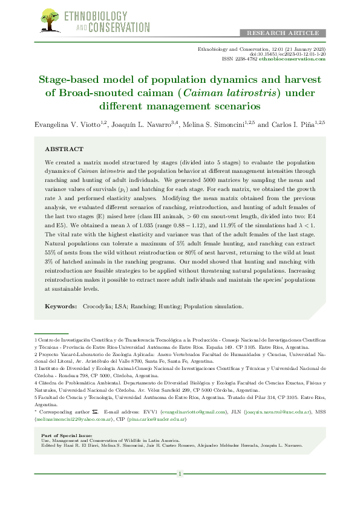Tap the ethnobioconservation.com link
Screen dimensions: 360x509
(x=301, y=59)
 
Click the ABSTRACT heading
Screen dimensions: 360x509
(x=64, y=149)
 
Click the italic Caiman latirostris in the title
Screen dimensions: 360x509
(x=223, y=93)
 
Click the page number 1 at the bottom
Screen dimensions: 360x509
(x=180, y=474)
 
